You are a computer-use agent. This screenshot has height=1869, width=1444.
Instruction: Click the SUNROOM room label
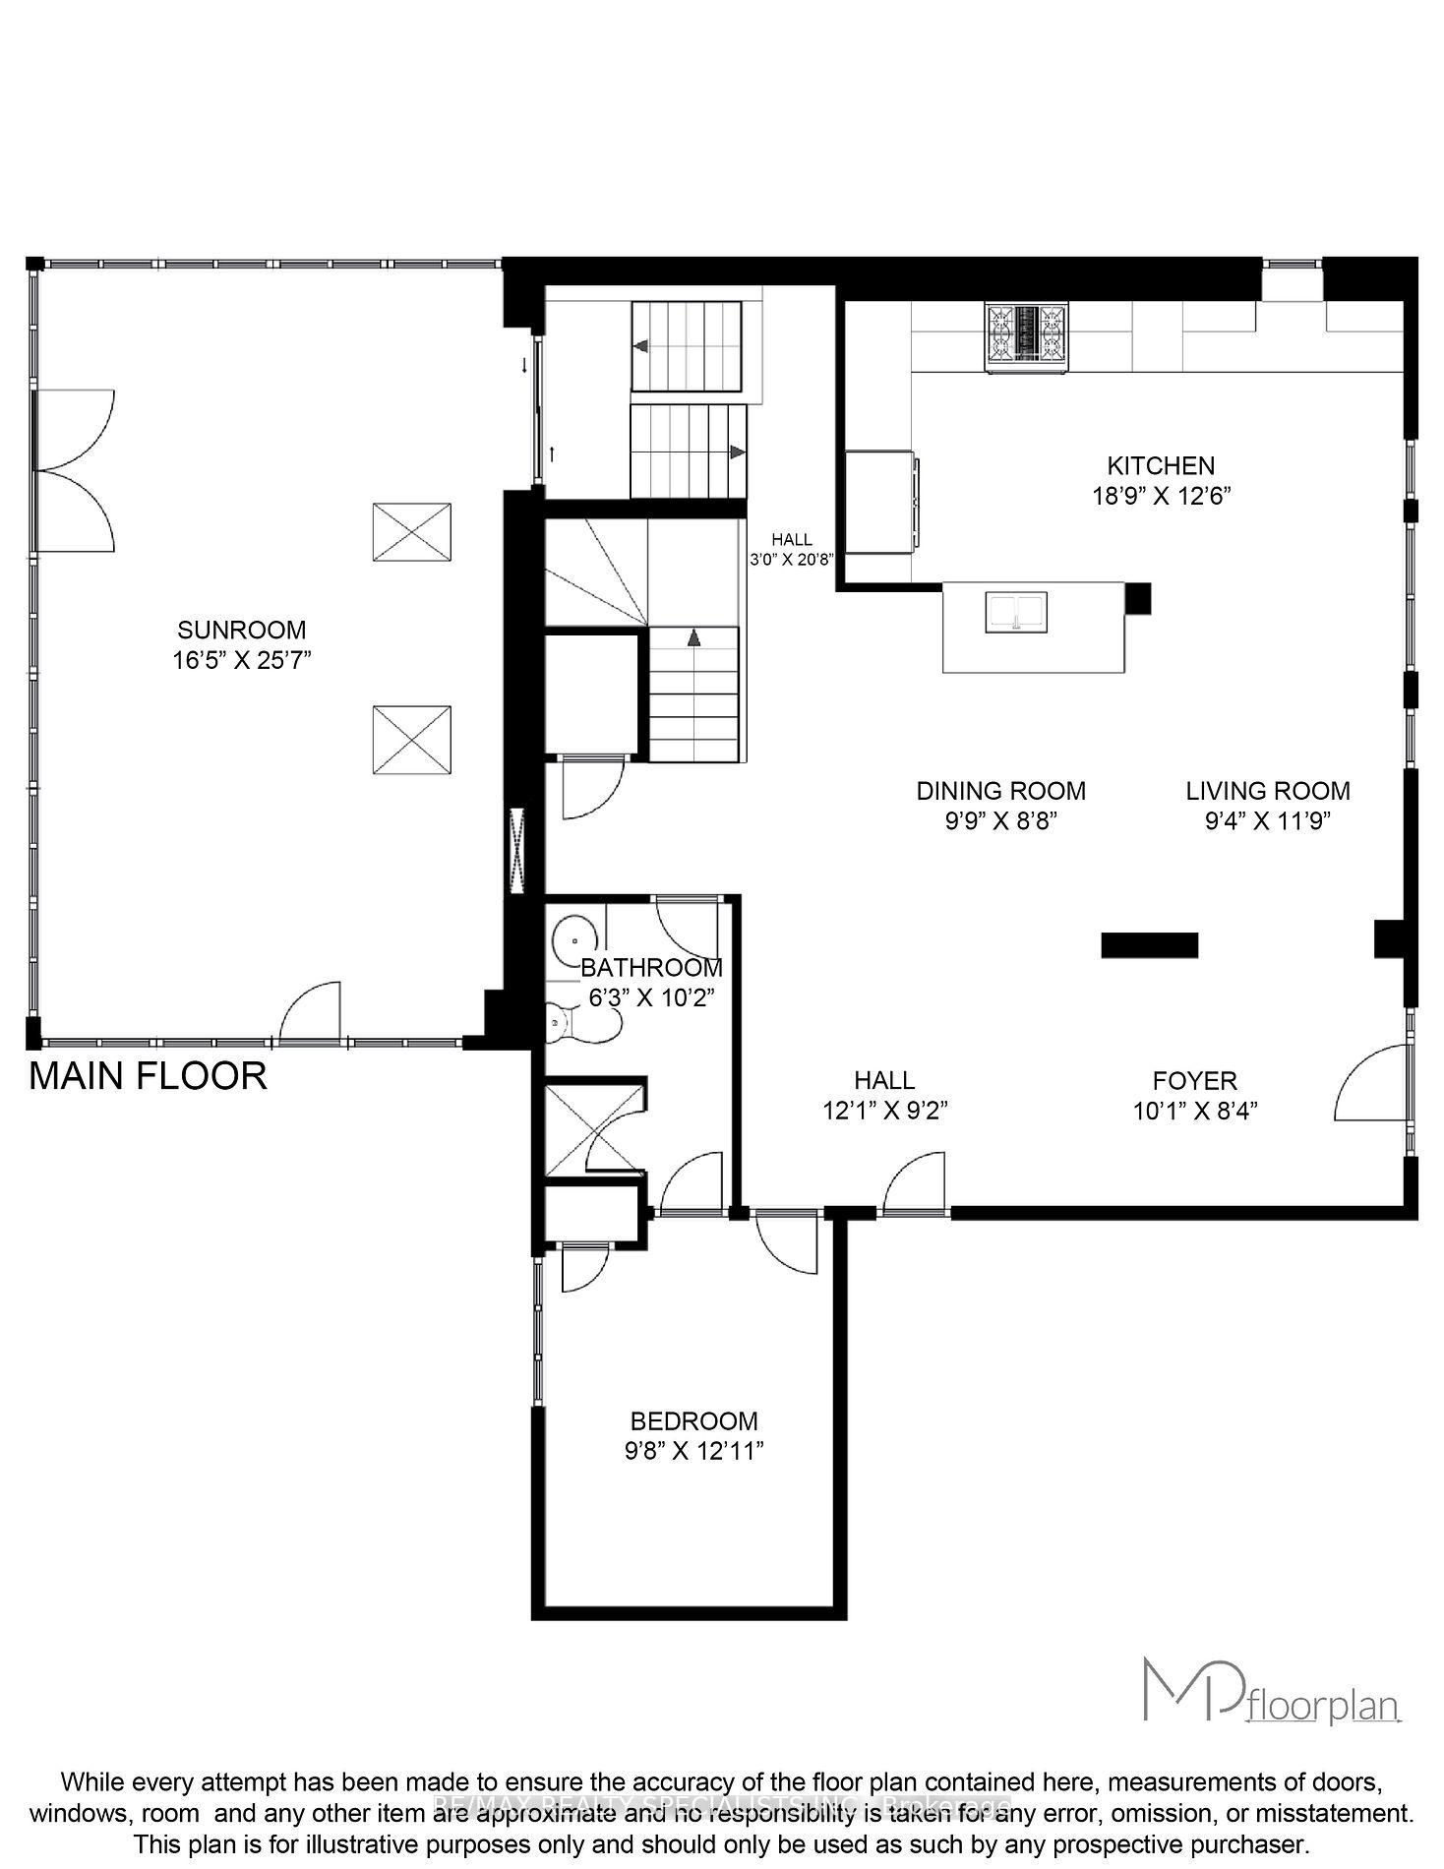(241, 630)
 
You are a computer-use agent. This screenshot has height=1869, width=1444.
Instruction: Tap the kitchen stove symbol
(1027, 337)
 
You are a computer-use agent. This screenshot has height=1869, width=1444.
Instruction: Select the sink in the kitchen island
(1016, 612)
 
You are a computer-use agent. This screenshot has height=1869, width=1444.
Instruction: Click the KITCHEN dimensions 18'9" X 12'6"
(1161, 496)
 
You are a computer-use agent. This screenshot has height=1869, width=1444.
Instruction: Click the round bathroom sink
(572, 937)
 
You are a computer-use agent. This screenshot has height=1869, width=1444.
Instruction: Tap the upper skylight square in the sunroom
(411, 532)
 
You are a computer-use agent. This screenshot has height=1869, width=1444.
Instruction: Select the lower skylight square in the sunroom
(411, 741)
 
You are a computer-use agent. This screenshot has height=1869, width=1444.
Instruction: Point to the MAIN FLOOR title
(148, 1076)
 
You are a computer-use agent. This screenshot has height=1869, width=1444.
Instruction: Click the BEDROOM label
(693, 1421)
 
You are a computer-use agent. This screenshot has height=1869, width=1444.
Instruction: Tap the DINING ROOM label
(1000, 791)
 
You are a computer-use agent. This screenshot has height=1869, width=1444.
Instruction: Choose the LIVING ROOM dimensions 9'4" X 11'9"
(1267, 821)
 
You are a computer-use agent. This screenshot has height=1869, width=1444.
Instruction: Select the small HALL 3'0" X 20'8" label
(792, 549)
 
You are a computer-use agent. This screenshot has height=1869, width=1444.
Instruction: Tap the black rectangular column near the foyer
(1149, 944)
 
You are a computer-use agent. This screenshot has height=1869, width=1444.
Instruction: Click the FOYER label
(1194, 1081)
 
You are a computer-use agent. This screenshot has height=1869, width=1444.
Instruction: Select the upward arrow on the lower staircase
(693, 637)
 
